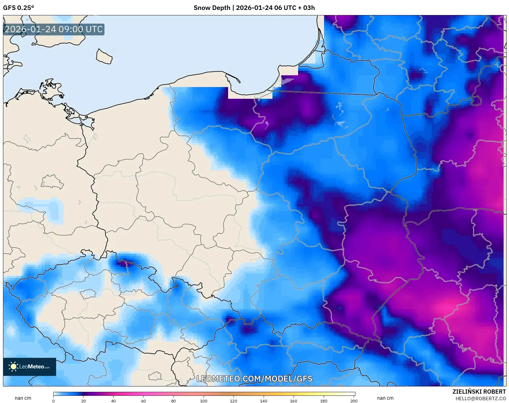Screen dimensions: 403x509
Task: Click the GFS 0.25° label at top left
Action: point(18,8)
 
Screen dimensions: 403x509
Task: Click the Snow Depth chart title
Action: point(254,8)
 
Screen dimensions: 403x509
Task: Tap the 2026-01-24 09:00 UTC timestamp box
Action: point(54,30)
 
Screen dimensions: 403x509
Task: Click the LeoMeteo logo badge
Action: point(30,367)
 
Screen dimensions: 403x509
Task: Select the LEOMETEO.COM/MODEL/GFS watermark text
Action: point(254,379)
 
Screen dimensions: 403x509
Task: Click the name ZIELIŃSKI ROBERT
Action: point(479,392)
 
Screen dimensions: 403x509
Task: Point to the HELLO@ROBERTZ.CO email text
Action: point(480,398)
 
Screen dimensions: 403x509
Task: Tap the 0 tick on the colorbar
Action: point(53,401)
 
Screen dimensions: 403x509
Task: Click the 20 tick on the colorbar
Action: point(84,401)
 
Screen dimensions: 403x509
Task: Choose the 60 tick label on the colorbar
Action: point(144,401)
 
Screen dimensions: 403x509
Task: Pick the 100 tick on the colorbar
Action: point(204,401)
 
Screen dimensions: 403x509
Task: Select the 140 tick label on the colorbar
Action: point(264,401)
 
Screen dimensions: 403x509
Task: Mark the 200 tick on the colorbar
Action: point(354,401)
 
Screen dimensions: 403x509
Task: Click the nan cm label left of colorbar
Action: point(23,398)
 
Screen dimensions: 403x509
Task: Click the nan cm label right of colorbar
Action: point(385,398)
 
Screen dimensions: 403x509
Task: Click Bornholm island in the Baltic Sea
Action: point(104,57)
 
